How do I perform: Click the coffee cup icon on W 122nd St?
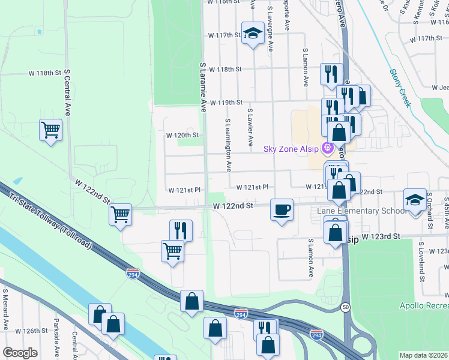point(282,210)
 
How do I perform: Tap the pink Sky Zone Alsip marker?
point(328,148)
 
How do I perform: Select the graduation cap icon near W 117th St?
point(253,33)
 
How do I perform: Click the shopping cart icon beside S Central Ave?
point(51,130)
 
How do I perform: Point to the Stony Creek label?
point(400,88)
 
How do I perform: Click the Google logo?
point(20,352)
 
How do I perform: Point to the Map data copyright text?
point(424,355)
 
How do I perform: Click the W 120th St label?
point(182,135)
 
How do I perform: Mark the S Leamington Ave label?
point(229,145)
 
